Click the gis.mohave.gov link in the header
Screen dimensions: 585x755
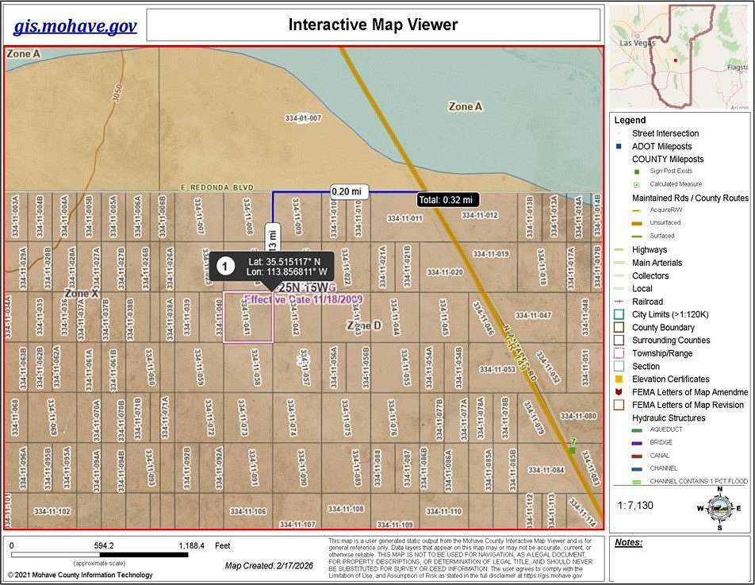click(75, 26)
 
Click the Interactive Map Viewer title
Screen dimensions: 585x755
click(373, 25)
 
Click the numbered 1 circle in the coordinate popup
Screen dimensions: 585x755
click(226, 266)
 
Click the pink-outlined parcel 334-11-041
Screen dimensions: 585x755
click(248, 318)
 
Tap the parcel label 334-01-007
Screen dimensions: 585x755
click(303, 118)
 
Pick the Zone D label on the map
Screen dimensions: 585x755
click(364, 325)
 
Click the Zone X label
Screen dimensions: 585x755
click(82, 294)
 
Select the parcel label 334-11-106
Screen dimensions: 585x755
click(247, 511)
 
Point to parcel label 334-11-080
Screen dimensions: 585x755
click(577, 416)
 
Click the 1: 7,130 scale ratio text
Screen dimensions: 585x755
click(636, 505)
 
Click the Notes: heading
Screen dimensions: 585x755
click(628, 544)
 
